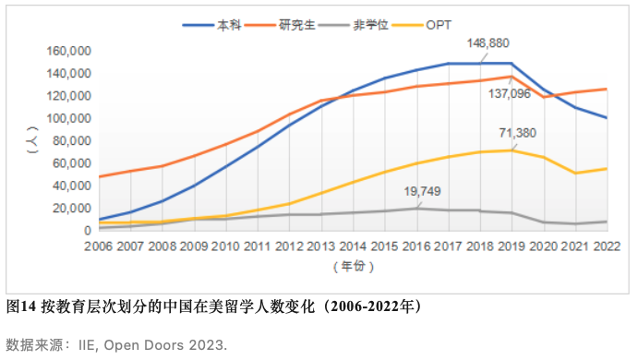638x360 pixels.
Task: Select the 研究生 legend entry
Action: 305,25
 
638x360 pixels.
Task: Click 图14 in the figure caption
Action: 19,305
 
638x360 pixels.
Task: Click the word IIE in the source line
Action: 102,344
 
